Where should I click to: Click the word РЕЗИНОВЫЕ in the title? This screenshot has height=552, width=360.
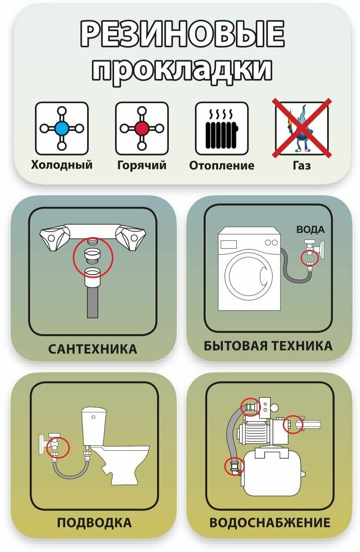click(x=182, y=34)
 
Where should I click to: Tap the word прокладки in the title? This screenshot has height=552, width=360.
click(x=182, y=71)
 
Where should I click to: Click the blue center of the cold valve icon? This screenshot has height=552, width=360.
click(x=61, y=128)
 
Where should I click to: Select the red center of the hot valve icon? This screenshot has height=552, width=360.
click(x=142, y=128)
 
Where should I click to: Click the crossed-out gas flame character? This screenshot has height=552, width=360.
click(x=301, y=128)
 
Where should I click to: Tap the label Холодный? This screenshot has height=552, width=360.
click(x=62, y=164)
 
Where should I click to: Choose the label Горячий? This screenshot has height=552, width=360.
click(x=142, y=165)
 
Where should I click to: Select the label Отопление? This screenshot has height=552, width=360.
click(x=222, y=165)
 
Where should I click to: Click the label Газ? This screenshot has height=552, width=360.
click(x=302, y=165)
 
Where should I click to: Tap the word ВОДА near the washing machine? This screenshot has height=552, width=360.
click(x=310, y=229)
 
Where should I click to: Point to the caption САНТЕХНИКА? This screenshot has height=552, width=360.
click(x=93, y=349)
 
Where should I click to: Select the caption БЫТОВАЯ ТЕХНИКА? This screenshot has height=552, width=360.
click(x=268, y=346)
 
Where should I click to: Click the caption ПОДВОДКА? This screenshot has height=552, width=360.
click(x=94, y=522)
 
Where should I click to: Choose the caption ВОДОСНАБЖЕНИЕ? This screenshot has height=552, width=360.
click(x=270, y=522)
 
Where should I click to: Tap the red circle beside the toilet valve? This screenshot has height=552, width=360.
click(x=58, y=448)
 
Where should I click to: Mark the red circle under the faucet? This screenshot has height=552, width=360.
click(x=93, y=257)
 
